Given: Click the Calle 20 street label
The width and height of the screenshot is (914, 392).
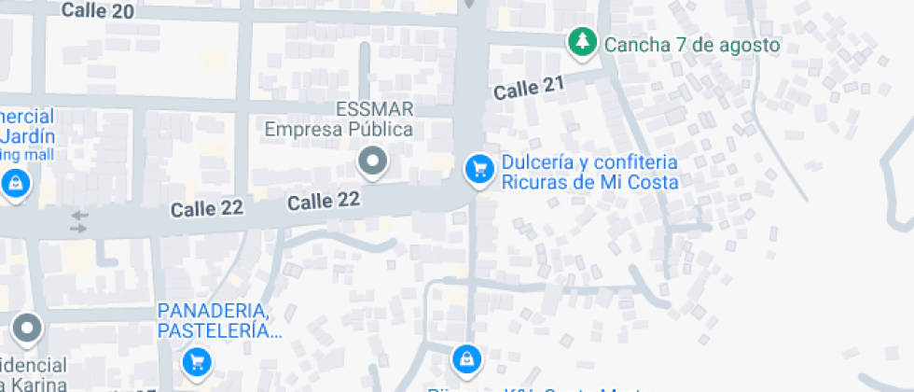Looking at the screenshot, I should point(97,10).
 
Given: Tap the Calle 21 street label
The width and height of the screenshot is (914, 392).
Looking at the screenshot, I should point(530,90).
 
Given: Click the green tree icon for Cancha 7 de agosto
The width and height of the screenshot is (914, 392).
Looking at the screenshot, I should point(583,43).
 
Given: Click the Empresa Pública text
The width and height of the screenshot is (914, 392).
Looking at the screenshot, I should point(339,129).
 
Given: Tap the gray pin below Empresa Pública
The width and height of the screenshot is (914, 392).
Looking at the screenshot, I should point(373,161).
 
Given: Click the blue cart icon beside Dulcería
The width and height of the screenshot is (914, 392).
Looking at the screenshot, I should point(479,169).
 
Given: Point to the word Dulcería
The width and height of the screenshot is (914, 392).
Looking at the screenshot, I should point(537,161).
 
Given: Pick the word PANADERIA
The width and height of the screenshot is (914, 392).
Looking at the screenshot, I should point(214,311).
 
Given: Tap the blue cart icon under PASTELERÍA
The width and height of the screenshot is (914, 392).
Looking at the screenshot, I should point(196,360).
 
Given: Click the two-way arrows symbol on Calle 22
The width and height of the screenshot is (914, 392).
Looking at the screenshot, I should point(79,222).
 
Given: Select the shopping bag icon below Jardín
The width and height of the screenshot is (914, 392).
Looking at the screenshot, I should point(16,184).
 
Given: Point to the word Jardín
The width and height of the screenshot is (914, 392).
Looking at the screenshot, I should point(28,136).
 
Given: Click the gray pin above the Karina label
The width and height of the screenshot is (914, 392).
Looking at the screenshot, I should point(27,328).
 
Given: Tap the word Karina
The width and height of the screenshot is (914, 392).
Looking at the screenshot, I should point(36,385).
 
